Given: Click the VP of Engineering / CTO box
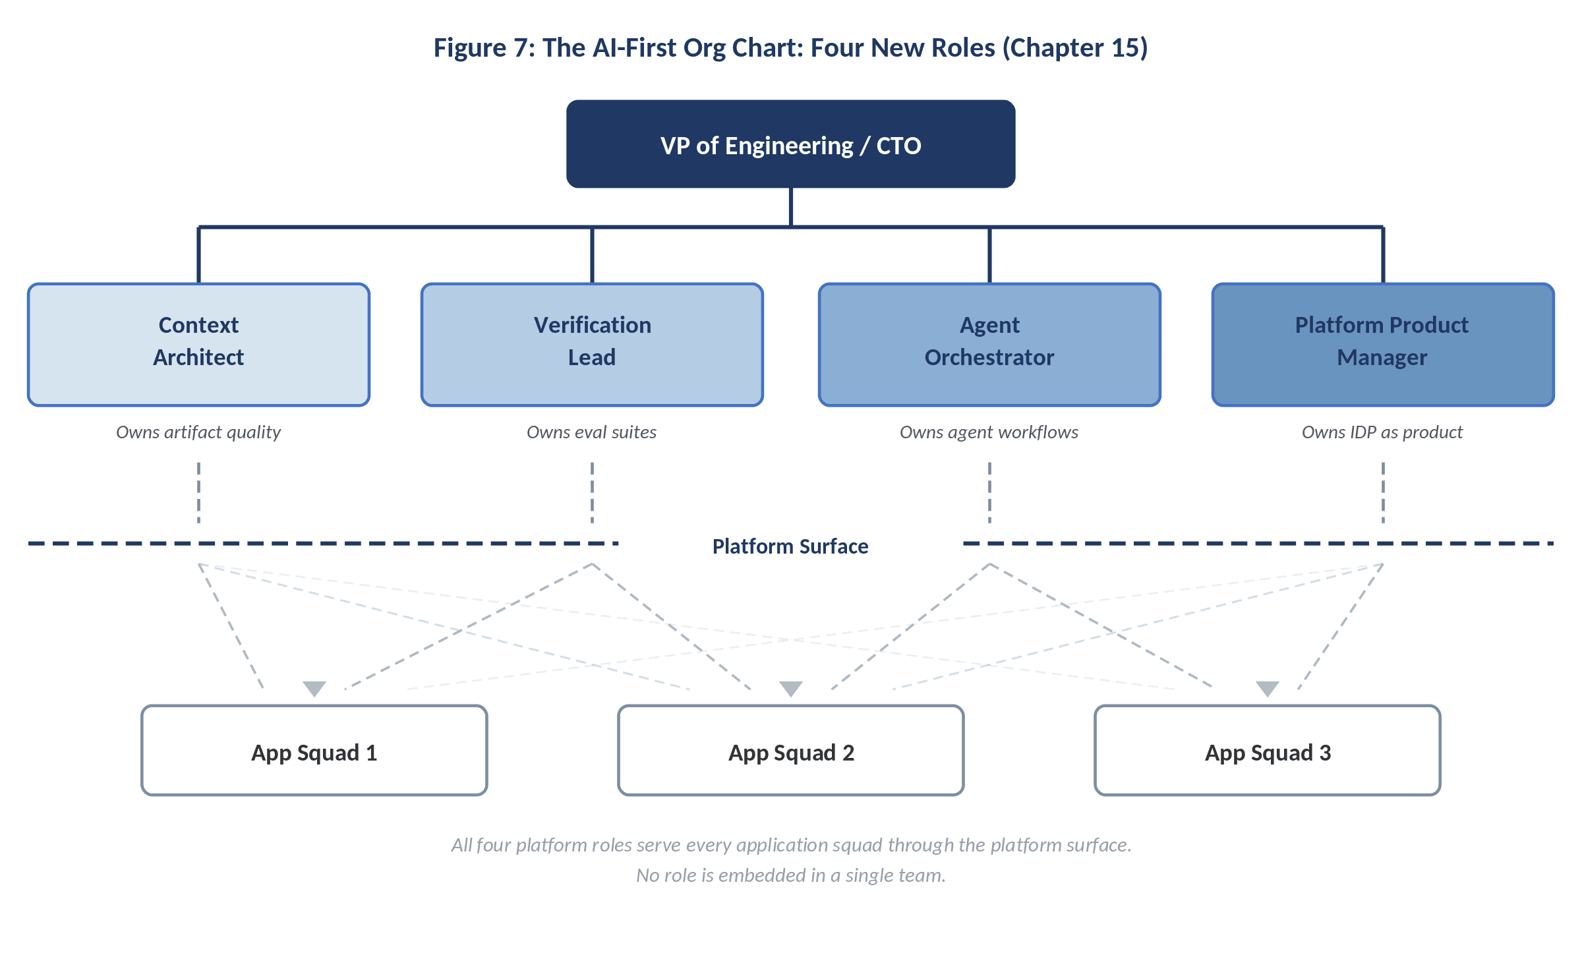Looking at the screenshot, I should [790, 144].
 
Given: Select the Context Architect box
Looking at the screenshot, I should [198, 344].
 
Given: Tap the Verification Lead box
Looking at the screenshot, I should [592, 344].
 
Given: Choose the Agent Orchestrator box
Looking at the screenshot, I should [989, 344].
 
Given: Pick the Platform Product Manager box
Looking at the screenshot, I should [1382, 344].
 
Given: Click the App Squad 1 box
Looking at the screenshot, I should [314, 751].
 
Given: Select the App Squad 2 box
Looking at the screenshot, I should [790, 751].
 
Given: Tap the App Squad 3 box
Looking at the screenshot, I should [1267, 751].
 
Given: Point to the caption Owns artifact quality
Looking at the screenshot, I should [198, 432].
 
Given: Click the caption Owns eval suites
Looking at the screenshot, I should [592, 432].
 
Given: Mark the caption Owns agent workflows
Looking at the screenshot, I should [989, 432].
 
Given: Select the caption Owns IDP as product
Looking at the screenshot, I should [1382, 432].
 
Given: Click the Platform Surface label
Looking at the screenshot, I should [790, 546].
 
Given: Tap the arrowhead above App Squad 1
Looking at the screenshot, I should [314, 688].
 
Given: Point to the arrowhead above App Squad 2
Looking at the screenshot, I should [790, 688].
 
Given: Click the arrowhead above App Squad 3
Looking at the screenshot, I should [1267, 688].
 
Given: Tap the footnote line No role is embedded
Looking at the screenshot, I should [790, 875].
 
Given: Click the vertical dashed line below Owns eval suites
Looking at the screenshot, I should [592, 492].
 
